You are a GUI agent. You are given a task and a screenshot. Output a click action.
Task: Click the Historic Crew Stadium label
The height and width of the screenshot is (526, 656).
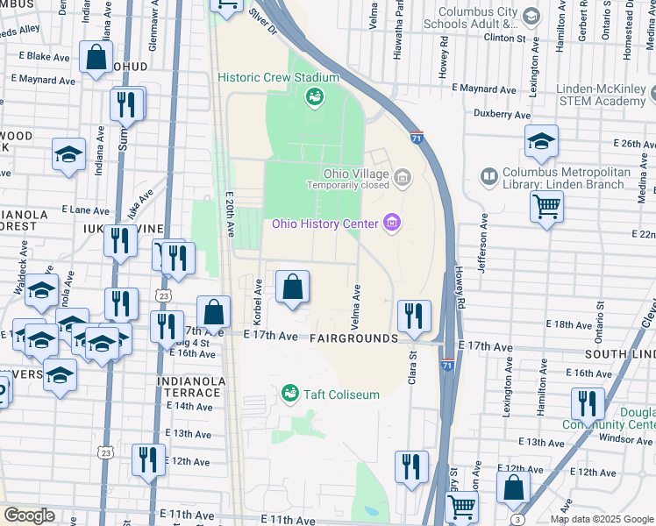pos(279,78)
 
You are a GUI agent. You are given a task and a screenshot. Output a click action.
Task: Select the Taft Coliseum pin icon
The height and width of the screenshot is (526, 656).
pos(289,394)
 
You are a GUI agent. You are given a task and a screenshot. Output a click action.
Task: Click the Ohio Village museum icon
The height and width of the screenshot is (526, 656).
pos(402,179)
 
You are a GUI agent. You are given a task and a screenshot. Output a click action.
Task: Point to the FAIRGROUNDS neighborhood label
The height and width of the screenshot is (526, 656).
pos(353,338)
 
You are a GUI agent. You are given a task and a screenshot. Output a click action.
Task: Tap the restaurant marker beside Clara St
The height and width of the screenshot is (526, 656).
pos(414,315)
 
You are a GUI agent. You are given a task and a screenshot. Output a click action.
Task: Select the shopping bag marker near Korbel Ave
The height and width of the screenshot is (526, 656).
pos(292,287)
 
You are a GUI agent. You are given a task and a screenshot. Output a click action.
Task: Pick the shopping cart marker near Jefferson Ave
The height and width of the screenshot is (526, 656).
pos(546,208)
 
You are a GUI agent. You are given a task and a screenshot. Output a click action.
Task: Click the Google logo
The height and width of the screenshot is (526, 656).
pos(28,515)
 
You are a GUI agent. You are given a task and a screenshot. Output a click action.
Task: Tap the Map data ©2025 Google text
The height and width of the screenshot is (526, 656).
pos(602,519)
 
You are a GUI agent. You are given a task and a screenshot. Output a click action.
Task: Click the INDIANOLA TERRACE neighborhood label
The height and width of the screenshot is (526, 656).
pos(189,387)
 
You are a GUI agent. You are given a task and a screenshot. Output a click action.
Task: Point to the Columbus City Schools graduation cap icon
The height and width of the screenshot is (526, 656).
pos(531,16)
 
